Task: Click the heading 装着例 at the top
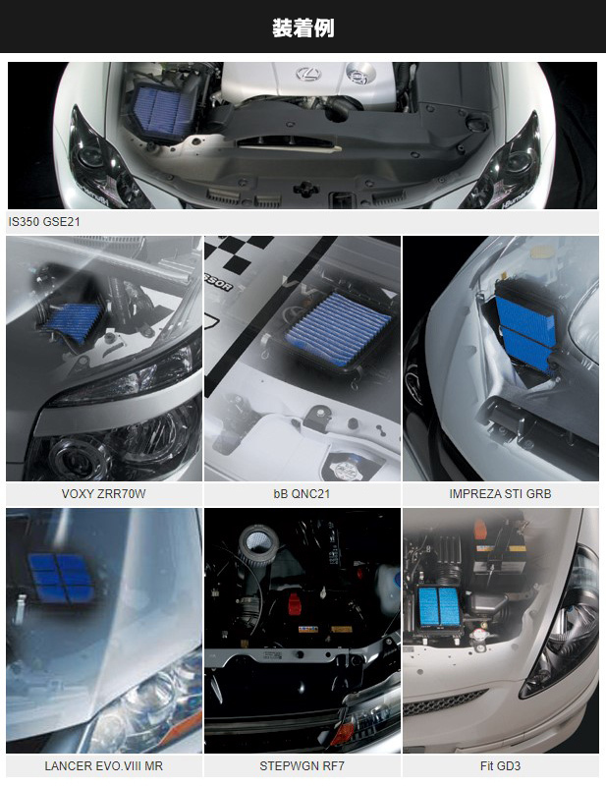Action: [x=303, y=28]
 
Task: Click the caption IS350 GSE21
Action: [x=44, y=222]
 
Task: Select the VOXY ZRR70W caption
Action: [x=104, y=494]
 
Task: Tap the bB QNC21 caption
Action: [x=302, y=494]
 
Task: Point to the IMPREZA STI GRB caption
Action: [x=500, y=494]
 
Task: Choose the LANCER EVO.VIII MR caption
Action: [x=104, y=766]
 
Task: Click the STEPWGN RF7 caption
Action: [x=302, y=766]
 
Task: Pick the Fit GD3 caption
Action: [x=500, y=766]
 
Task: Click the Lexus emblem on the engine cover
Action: [x=308, y=74]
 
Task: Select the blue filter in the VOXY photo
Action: [x=76, y=321]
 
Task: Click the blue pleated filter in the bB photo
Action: [x=337, y=329]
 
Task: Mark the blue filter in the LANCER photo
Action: [x=60, y=578]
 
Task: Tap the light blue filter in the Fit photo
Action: [x=439, y=606]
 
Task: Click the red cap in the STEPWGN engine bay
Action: [x=294, y=603]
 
